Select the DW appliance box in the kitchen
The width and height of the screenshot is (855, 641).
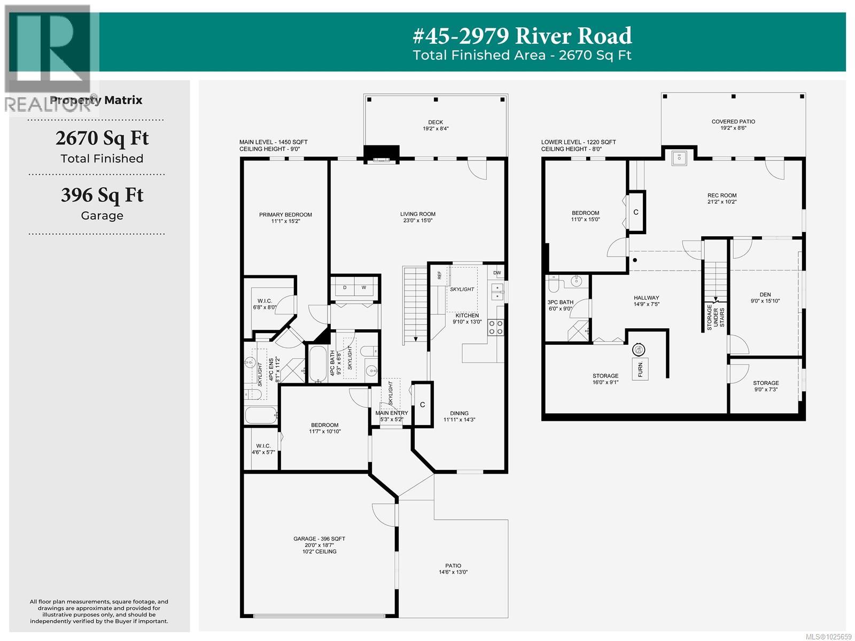click(x=497, y=273)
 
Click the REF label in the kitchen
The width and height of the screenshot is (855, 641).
click(x=439, y=275)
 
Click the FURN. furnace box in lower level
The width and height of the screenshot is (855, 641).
click(x=640, y=369)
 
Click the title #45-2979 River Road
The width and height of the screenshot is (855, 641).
click(x=522, y=36)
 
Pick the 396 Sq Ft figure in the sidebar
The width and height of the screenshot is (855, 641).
click(x=102, y=195)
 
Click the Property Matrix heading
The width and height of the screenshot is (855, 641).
click(x=96, y=100)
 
